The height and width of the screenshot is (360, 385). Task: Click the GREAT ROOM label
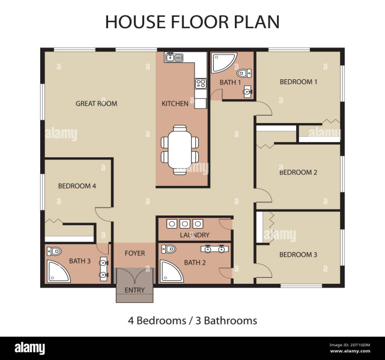pyautogui.click(x=96, y=104)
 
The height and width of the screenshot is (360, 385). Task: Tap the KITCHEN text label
pyautogui.click(x=175, y=104)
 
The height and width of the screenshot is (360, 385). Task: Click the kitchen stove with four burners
pyautogui.click(x=201, y=83)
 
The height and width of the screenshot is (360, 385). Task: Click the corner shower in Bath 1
pyautogui.click(x=220, y=62)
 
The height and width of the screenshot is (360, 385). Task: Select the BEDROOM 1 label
pyautogui.click(x=299, y=82)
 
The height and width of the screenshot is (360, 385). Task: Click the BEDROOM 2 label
pyautogui.click(x=299, y=172)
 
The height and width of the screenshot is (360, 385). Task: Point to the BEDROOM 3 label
pyautogui.click(x=299, y=254)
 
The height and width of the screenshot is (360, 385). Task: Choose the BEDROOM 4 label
pyautogui.click(x=77, y=186)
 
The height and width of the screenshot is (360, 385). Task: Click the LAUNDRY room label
pyautogui.click(x=195, y=235)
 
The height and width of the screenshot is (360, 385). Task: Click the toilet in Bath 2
pyautogui.click(x=169, y=249)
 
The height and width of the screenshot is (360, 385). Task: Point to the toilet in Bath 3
pyautogui.click(x=55, y=251)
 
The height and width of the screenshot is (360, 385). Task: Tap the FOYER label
pyautogui.click(x=135, y=253)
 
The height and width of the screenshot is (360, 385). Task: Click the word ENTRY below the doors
pyautogui.click(x=135, y=290)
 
